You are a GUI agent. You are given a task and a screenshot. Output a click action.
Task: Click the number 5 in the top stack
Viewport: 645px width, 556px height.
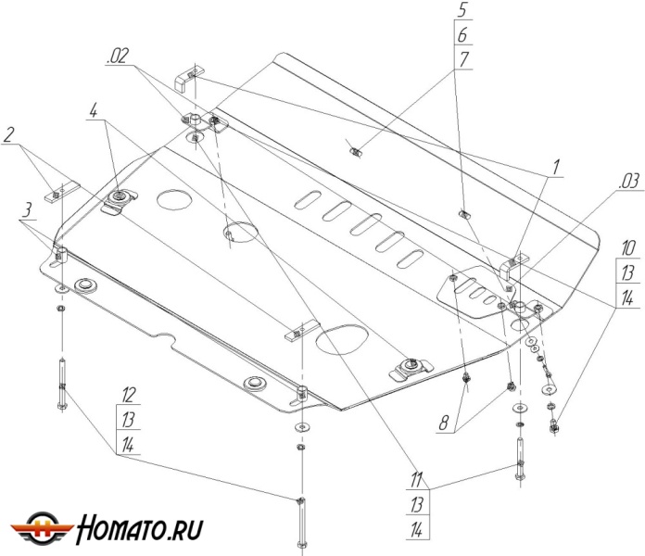462,13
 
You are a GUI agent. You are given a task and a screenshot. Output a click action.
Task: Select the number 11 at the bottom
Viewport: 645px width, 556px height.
420,481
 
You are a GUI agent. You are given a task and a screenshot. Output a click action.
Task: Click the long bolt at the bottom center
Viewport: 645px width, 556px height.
300,521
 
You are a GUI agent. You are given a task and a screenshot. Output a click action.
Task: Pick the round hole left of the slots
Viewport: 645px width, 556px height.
173,199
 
